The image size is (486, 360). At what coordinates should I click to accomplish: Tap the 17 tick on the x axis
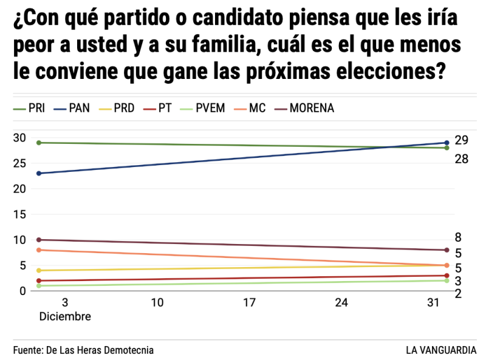[x=249, y=303]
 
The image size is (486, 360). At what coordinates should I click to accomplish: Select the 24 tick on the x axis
[x=341, y=303]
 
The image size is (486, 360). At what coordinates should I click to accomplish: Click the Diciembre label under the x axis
[x=65, y=316]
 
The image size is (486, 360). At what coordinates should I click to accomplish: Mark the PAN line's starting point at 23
[x=39, y=174]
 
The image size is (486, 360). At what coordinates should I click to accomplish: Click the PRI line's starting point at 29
[x=39, y=143]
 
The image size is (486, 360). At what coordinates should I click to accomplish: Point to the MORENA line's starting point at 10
[x=39, y=240]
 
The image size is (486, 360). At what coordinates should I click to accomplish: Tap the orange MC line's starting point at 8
[x=39, y=250]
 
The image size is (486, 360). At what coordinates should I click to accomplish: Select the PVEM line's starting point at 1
[x=39, y=285]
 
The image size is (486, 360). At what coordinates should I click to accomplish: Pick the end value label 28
[x=460, y=159]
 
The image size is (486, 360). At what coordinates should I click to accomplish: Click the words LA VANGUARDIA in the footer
[x=441, y=350]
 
